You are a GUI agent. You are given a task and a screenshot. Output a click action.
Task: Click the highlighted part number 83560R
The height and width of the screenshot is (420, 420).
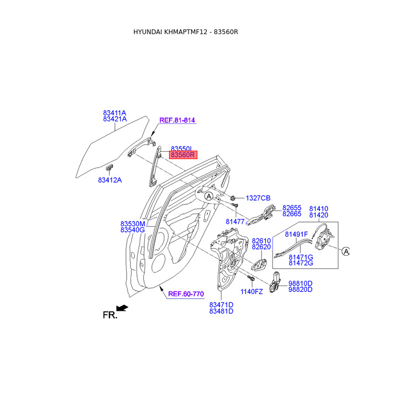coord(182,155)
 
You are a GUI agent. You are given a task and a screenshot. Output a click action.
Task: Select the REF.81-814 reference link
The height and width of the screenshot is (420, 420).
coord(177,120)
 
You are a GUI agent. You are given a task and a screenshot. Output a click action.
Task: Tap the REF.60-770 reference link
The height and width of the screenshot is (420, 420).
coord(185,294)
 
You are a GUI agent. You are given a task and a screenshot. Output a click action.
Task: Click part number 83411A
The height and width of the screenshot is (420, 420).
coord(114,112)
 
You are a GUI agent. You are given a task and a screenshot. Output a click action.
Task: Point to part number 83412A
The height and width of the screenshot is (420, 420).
coord(110,180)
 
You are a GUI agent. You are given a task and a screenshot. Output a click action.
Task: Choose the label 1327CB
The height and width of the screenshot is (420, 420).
coord(258,198)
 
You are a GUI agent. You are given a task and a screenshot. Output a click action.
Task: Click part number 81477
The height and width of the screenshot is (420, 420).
coord(236,222)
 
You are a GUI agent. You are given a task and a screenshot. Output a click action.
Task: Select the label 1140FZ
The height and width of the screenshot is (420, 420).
coord(251,291)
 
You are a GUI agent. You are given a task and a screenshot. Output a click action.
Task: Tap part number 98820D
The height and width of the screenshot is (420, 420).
coord(301,289)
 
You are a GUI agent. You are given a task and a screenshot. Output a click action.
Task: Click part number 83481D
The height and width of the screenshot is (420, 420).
coord(221,311)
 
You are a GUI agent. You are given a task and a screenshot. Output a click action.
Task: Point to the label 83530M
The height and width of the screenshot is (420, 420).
coord(132,223)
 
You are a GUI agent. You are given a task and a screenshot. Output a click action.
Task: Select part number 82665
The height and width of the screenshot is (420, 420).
coord(292,214)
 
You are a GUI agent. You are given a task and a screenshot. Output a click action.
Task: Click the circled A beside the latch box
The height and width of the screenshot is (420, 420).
coord(346,251)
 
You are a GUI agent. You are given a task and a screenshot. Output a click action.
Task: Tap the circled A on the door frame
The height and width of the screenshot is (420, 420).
coord(208,196)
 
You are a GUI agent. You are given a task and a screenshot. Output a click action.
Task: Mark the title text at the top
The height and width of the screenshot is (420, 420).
coord(186,32)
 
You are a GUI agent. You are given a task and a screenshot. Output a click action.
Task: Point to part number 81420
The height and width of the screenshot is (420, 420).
coord(318,215)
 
